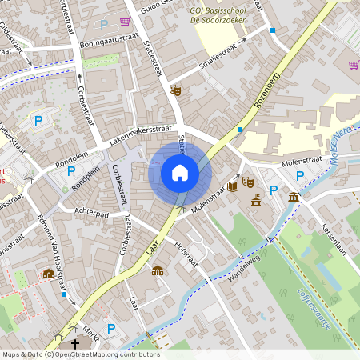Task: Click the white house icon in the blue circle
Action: pos(180,172)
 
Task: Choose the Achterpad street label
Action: pos(90,214)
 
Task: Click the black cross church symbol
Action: pos(75,343)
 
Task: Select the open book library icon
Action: pos(232,186)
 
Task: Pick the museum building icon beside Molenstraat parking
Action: pos(294,197)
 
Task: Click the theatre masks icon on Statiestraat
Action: pos(175,90)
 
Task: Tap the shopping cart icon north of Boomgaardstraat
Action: pos(125,22)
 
